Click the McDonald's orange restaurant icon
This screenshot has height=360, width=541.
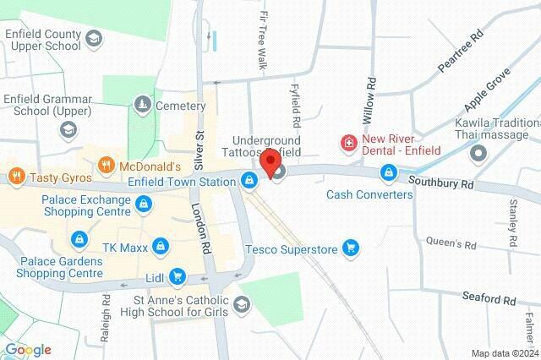107,165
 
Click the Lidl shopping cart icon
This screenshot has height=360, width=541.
177,275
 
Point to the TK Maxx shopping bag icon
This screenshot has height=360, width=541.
162,247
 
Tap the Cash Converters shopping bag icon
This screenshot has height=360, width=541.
388,173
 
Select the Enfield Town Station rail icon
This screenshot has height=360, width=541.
249,181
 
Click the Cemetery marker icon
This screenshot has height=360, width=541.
142,105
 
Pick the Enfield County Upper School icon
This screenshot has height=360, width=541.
93,38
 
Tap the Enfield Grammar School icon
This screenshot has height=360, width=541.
67,128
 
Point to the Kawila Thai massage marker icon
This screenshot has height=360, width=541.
478,155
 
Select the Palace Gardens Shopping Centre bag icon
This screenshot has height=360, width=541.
79,240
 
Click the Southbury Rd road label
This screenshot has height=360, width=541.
440,182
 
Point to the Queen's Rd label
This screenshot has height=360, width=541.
454,244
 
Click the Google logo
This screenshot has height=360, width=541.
28,350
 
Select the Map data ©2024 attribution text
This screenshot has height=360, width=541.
504,353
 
